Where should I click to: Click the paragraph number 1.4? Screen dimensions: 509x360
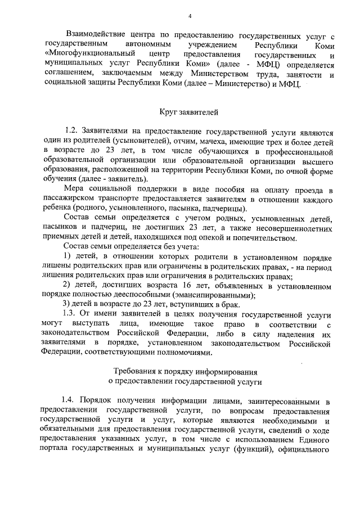[71, 400]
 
